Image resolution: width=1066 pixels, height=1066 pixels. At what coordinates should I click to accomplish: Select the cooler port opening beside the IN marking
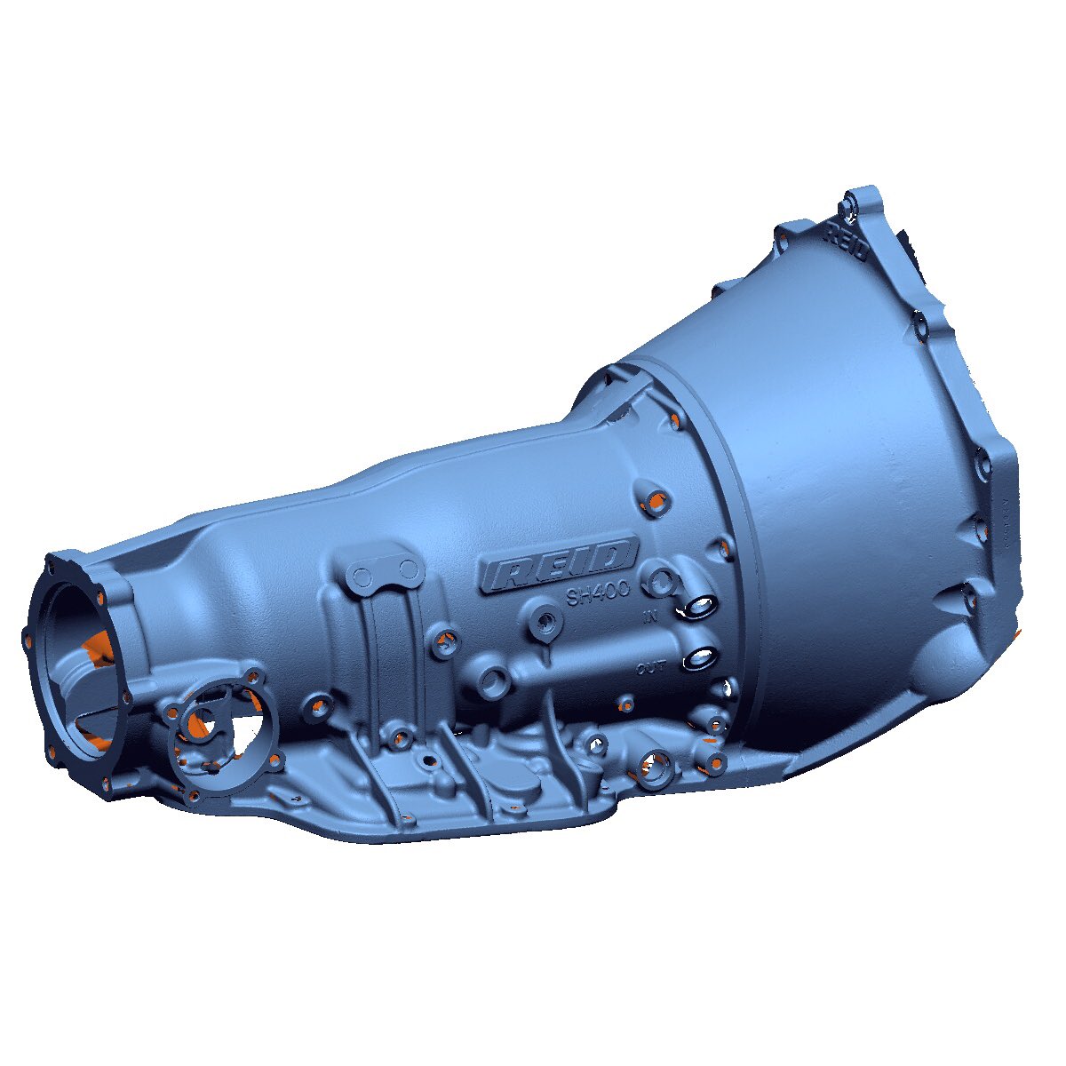pyautogui.click(x=700, y=608)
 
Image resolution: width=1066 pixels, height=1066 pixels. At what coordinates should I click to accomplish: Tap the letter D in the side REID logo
pyautogui.click(x=612, y=556)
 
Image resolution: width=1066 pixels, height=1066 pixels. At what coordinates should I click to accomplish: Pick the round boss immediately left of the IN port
pyautogui.click(x=661, y=582)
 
